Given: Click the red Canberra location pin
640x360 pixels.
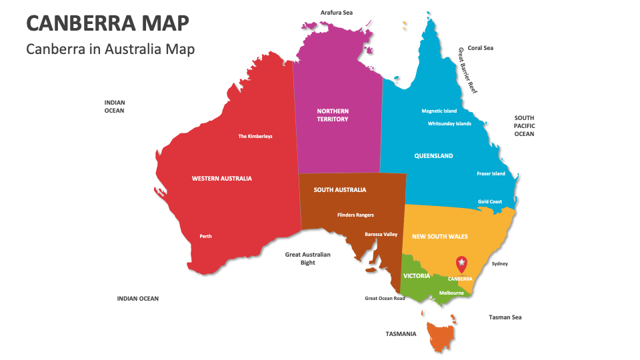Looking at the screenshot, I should (x=461, y=263).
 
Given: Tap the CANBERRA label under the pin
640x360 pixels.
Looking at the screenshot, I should (x=460, y=279).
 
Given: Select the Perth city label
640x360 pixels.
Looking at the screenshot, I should (x=205, y=236).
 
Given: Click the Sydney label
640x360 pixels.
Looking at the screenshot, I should (x=499, y=263).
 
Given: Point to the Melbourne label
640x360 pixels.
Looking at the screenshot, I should (x=451, y=293).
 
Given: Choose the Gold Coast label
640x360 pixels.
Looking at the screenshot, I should (x=490, y=201).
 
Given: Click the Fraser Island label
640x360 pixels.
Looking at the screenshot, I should (x=491, y=173).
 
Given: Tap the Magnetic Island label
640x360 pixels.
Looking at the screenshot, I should (x=439, y=111).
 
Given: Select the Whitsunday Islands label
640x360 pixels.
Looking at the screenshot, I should (x=449, y=123).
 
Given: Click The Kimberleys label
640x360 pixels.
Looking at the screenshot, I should (x=255, y=136).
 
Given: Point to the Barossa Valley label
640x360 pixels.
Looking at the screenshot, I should (x=381, y=234).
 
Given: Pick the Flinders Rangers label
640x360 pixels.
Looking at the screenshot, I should (x=355, y=215).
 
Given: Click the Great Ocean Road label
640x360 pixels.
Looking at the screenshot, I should (x=385, y=298).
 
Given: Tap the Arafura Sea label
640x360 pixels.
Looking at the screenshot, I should (x=337, y=13).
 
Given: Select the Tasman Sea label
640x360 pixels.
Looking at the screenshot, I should (x=505, y=317).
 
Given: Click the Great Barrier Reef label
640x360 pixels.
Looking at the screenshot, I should (x=468, y=69).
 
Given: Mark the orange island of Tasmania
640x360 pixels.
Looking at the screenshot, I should (x=441, y=336).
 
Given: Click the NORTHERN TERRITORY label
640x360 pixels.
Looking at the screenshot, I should (x=333, y=115).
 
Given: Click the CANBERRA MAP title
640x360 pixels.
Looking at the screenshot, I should (x=107, y=23).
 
